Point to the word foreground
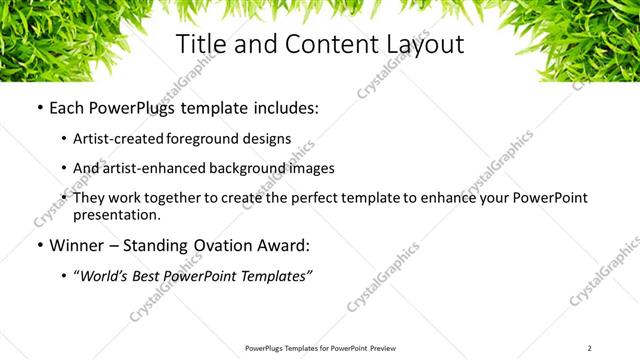(208, 140)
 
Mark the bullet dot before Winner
(38, 246)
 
